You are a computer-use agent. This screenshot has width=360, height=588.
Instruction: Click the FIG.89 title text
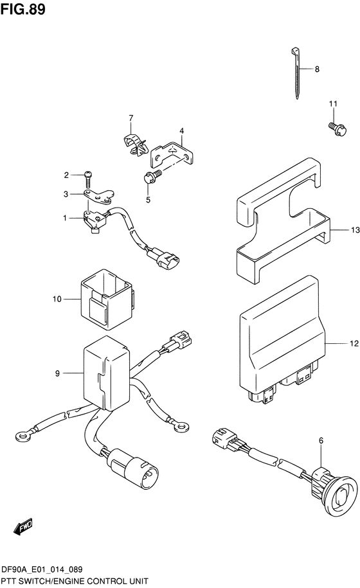pyautogui.click(x=23, y=9)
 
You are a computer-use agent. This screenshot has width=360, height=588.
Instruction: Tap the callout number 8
pyautogui.click(x=317, y=69)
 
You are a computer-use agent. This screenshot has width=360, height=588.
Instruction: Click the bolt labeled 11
pyautogui.click(x=337, y=129)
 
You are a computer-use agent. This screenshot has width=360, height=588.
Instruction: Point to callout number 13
pyautogui.click(x=355, y=230)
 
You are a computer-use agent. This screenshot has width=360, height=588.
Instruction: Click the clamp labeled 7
pyautogui.click(x=135, y=144)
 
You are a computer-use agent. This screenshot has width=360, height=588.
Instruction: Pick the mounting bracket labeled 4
pyautogui.click(x=172, y=154)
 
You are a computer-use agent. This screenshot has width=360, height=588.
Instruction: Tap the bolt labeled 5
pyautogui.click(x=152, y=175)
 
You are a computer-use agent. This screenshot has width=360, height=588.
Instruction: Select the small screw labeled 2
pyautogui.click(x=88, y=179)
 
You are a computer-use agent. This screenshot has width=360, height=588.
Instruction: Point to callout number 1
pyautogui.click(x=65, y=218)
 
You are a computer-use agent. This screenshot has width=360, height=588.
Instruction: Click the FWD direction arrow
pyautogui.click(x=22, y=526)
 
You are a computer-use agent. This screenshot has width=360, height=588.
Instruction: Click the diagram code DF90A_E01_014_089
pyautogui.click(x=42, y=569)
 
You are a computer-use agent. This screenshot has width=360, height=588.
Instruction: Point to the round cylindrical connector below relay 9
pyautogui.click(x=140, y=466)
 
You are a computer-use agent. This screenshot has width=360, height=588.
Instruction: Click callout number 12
pyautogui.click(x=354, y=343)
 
